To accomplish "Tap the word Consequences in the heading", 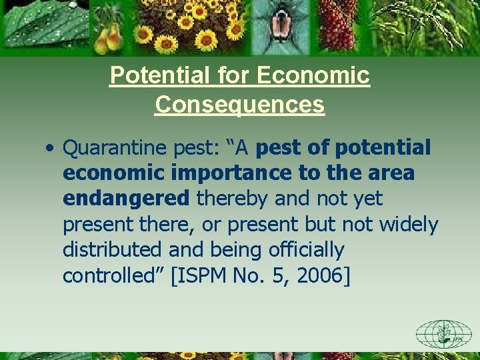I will click(x=240, y=105).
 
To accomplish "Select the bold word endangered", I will click(x=126, y=199).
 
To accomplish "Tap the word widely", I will click(x=409, y=225).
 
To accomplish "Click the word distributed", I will click(x=113, y=250).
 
